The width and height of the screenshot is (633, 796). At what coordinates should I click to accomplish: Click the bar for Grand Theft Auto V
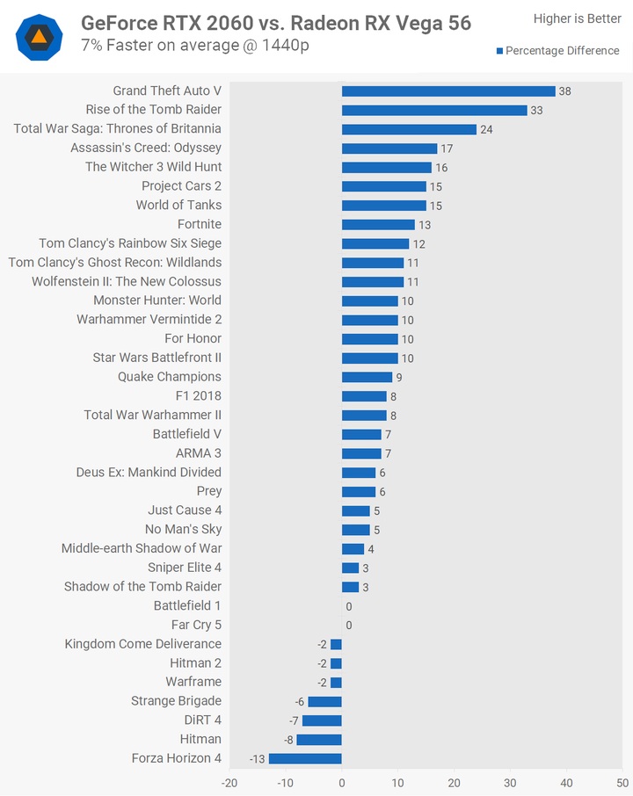point(448,91)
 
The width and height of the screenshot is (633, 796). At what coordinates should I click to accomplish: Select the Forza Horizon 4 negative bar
point(305,758)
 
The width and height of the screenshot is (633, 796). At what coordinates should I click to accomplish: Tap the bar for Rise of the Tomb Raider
point(434,110)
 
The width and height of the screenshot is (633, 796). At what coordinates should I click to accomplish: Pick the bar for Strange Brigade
point(324,701)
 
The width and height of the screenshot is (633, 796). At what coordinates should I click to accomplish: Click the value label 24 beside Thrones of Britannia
point(486,129)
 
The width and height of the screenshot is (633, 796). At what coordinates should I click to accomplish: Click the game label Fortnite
point(200,224)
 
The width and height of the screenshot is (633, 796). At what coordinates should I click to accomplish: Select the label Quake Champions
point(170,377)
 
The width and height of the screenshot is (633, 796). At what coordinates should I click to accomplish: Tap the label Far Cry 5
point(196,625)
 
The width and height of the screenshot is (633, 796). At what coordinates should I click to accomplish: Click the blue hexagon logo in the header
point(40,37)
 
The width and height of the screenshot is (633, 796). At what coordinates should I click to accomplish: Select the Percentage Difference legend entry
point(557,51)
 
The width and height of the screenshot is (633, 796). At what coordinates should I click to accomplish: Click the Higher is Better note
point(577,18)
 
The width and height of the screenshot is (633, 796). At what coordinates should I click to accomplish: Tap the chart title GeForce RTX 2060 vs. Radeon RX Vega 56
point(276,23)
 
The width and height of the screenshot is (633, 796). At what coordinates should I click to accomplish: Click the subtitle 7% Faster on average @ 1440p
point(194,44)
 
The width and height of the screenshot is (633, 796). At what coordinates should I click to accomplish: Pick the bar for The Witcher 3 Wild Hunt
point(387,167)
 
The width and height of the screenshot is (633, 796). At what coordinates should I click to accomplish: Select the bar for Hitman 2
point(336,663)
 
